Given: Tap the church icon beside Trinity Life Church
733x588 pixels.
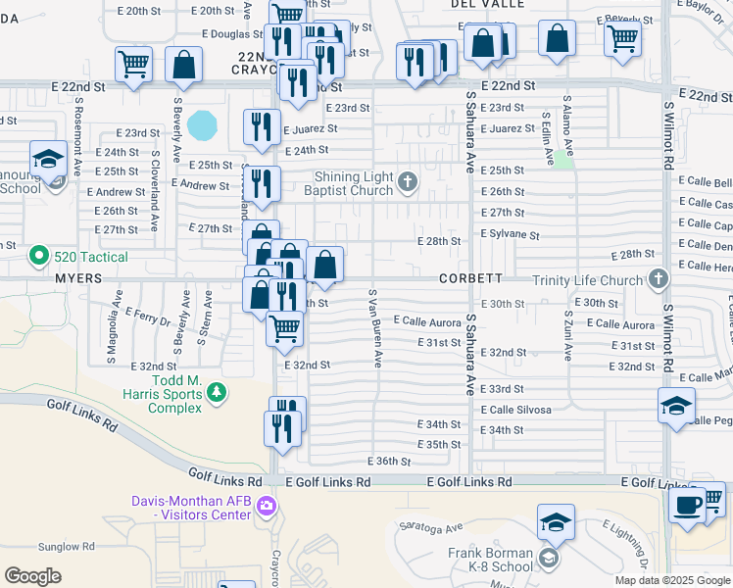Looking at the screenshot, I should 658,280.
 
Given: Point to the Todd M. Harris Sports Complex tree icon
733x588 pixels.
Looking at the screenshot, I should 217,394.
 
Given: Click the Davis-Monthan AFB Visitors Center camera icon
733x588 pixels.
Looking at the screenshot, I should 266,506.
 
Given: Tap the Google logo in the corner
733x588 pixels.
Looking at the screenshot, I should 32,576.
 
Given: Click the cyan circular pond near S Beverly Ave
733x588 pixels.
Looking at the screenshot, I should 203,124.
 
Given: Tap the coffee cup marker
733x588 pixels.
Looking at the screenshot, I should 688,506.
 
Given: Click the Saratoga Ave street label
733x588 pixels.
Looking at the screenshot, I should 441,527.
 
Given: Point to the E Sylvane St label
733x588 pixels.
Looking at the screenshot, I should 510,235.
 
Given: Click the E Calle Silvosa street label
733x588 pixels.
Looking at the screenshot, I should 514,409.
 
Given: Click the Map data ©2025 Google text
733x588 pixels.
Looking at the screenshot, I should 672,580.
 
